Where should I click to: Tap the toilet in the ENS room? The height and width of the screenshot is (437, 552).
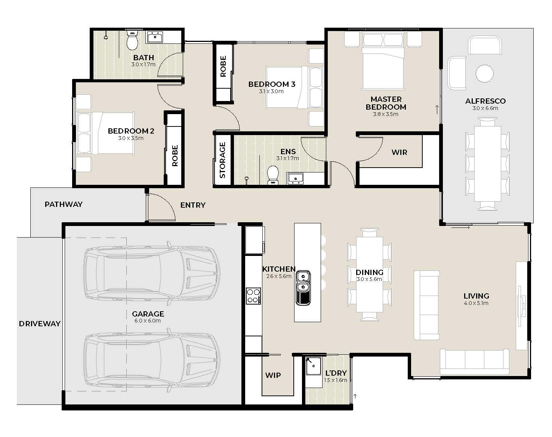(x=273, y=175)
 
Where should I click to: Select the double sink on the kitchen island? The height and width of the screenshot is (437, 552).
(x=303, y=288)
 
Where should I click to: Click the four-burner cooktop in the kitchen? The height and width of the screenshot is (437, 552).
(x=253, y=296)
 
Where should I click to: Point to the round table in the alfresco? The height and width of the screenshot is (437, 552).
(x=484, y=73)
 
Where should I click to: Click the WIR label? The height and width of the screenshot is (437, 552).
(x=400, y=153)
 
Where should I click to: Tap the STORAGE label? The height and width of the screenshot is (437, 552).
(x=222, y=160)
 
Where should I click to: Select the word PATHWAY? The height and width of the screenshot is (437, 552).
(x=64, y=204)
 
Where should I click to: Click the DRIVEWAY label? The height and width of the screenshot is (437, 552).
(x=40, y=324)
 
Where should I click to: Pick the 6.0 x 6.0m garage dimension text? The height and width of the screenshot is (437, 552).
(x=148, y=321)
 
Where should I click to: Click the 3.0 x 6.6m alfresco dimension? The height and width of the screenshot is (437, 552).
(x=485, y=109)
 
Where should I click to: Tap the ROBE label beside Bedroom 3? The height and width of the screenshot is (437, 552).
(x=223, y=66)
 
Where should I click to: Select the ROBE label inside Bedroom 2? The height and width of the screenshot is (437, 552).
(x=175, y=156)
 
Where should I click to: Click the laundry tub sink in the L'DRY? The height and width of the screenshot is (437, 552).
(x=314, y=366)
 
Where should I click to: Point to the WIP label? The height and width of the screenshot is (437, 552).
(x=273, y=375)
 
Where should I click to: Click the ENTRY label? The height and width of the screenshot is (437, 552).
(x=193, y=205)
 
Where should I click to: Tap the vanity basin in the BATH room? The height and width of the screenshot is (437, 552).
(x=155, y=37)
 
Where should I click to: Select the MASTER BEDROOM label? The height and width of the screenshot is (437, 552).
(x=386, y=103)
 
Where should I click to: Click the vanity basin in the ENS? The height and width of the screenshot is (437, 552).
(x=296, y=179)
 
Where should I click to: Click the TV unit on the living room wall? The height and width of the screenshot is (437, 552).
(x=521, y=306)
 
